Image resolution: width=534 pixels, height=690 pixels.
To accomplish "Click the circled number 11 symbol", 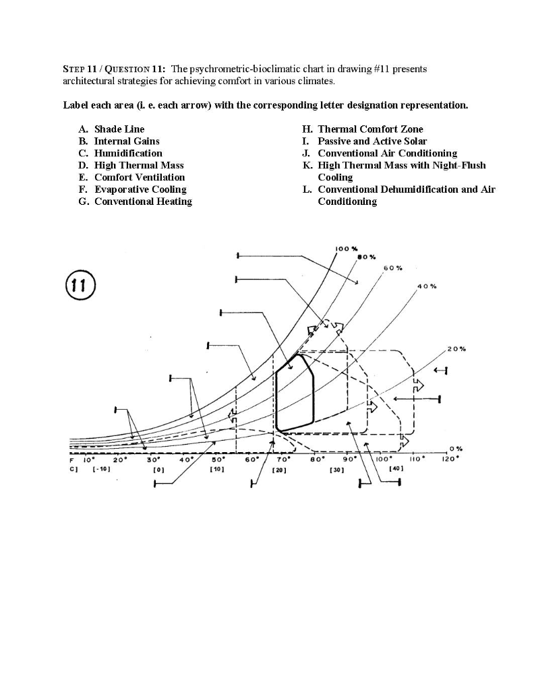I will (80, 286).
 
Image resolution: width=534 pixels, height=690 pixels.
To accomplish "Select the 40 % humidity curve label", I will (427, 286).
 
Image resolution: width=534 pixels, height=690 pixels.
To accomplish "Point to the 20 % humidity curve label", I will (456, 349).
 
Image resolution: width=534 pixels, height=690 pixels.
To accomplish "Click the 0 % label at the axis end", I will (456, 448).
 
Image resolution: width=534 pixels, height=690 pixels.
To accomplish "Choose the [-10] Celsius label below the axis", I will (100, 470).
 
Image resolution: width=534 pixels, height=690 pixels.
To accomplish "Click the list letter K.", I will (307, 165).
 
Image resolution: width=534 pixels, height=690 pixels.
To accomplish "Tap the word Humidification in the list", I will (128, 153).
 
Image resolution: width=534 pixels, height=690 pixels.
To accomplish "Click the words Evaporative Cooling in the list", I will (140, 189).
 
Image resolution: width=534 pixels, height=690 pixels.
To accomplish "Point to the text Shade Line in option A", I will (119, 129).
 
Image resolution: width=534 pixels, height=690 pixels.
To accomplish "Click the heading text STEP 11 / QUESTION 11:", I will (114, 69).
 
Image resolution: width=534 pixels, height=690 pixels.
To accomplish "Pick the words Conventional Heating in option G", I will (143, 201).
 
